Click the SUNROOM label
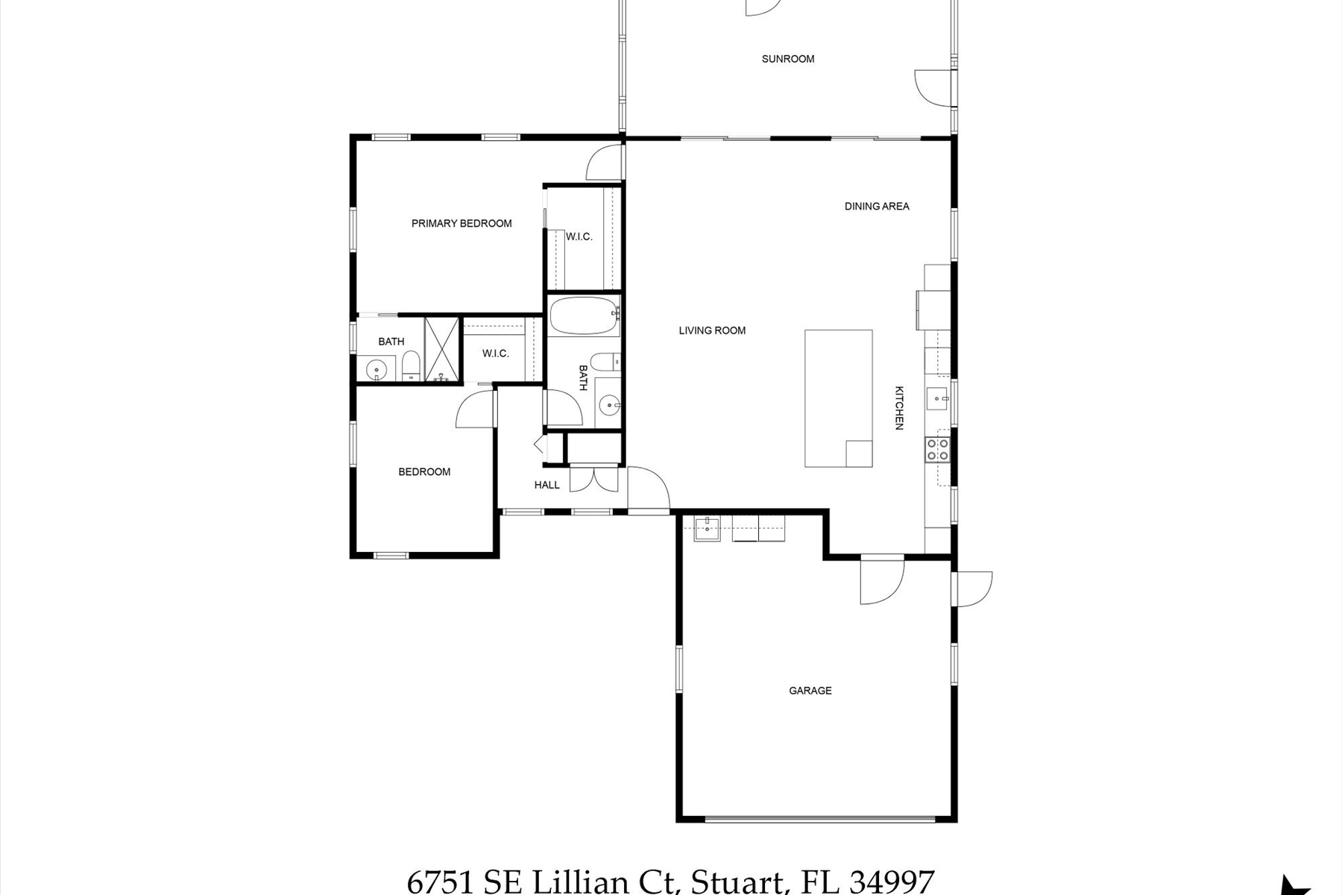787,59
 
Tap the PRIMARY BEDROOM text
461,223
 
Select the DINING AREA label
876,206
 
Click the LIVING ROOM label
712,330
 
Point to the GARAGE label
810,691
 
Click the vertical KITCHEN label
899,408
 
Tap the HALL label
546,485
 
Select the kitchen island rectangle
838,398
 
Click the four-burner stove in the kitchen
937,450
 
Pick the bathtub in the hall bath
584,315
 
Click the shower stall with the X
442,350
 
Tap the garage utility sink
707,529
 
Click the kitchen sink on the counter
937,399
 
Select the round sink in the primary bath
377,369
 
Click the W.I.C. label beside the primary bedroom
579,237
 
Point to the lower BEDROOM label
424,471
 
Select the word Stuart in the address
738,882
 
